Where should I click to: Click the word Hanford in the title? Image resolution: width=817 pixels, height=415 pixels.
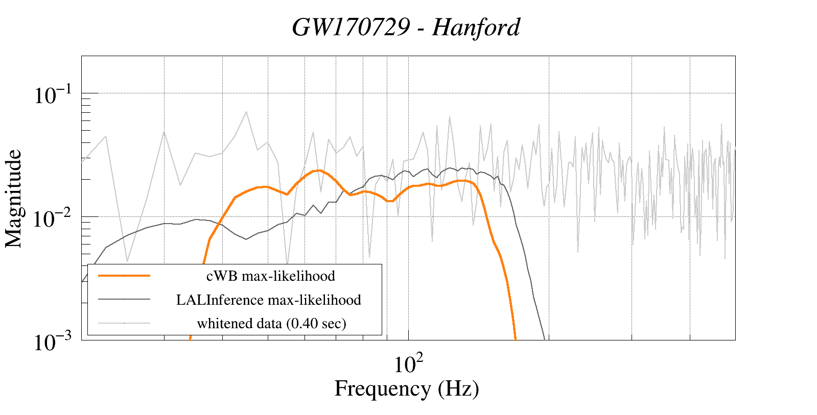point(476,28)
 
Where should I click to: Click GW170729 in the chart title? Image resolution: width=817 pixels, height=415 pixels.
point(351,28)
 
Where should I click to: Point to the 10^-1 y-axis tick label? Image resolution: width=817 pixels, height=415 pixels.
point(52,95)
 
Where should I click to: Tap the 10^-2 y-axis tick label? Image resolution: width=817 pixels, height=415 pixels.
point(52,218)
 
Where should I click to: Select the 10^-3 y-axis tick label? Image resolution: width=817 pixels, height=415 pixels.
point(52,342)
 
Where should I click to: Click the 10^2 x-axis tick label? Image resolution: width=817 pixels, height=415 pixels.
point(408,364)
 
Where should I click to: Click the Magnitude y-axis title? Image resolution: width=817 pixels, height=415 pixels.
point(14,199)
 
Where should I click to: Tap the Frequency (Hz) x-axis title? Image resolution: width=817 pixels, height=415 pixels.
point(407,389)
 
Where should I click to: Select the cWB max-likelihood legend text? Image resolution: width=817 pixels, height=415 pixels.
point(270,276)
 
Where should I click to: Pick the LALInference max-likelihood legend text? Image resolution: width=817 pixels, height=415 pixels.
point(269,300)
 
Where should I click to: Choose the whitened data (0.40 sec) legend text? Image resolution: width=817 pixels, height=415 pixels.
point(271,324)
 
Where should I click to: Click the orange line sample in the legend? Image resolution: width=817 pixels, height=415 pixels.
point(124,276)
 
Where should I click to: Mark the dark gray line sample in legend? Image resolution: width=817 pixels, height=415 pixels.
point(124,299)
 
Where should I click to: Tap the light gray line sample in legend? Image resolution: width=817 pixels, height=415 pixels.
point(124,323)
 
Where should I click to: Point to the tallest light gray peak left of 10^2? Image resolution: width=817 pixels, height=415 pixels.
point(246,112)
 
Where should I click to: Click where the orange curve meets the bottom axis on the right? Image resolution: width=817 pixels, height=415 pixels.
point(516,338)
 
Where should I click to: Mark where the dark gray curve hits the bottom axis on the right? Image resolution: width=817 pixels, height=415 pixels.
point(545,338)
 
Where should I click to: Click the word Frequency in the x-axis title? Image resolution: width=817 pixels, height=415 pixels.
point(382,389)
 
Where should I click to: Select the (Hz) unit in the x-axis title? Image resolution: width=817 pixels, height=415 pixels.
point(458,389)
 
